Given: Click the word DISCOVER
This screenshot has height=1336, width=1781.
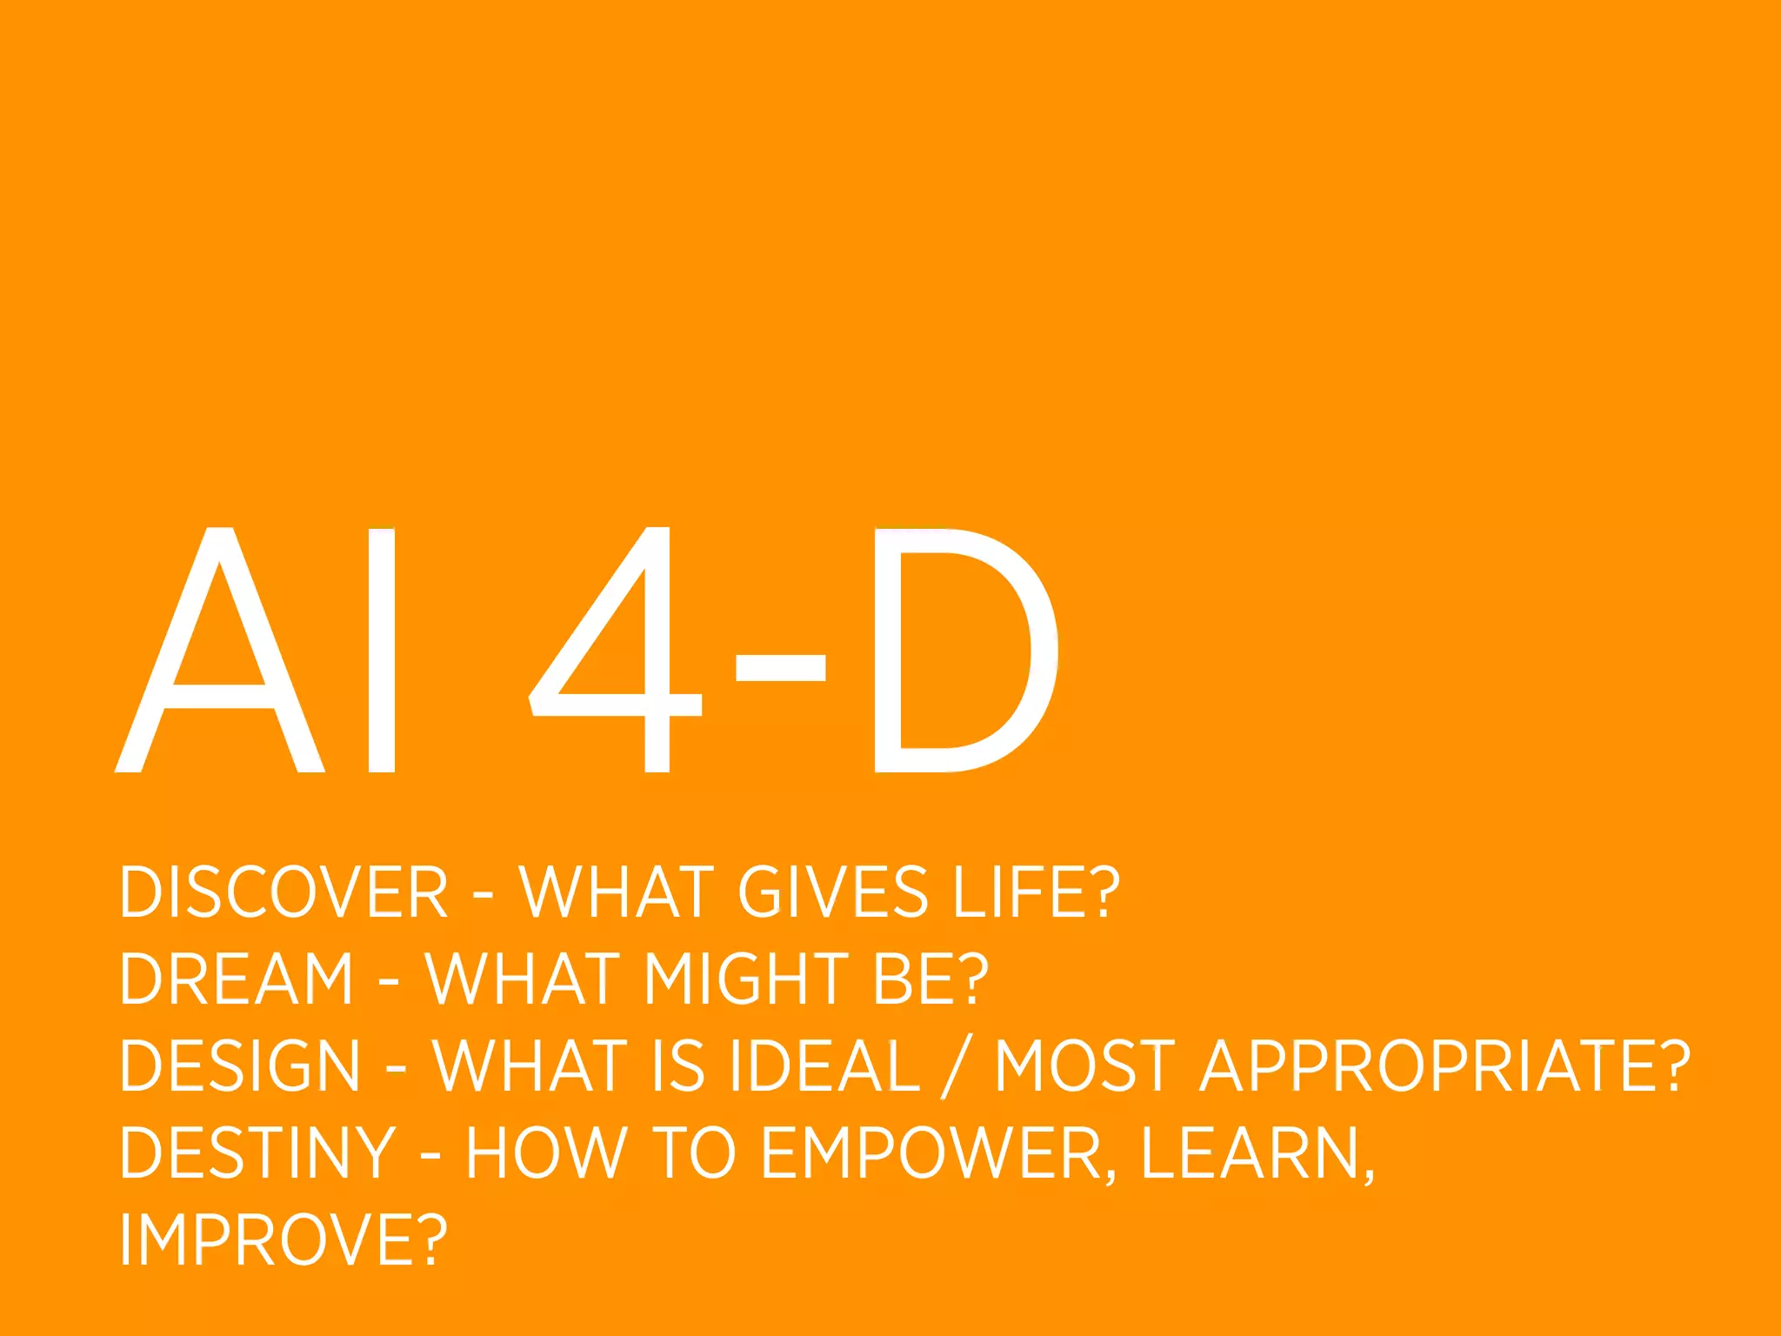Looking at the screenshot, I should (283, 892).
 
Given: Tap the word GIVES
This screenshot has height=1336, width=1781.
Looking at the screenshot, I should (833, 892).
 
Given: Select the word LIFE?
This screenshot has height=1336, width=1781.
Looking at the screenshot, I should (1036, 892).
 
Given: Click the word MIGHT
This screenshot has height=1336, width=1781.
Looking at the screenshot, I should (746, 979).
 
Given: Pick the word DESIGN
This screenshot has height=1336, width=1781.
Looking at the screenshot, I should (240, 1065).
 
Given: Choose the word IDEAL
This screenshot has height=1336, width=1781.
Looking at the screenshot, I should (824, 1065).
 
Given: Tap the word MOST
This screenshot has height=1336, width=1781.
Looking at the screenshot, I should (1084, 1065).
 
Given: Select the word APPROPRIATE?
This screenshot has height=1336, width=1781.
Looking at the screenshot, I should (1444, 1065).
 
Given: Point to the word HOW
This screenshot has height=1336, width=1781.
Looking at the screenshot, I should (546, 1152).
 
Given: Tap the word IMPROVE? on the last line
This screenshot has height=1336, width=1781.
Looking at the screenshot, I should (283, 1239).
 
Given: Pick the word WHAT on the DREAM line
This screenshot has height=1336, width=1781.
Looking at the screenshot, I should (523, 979).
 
